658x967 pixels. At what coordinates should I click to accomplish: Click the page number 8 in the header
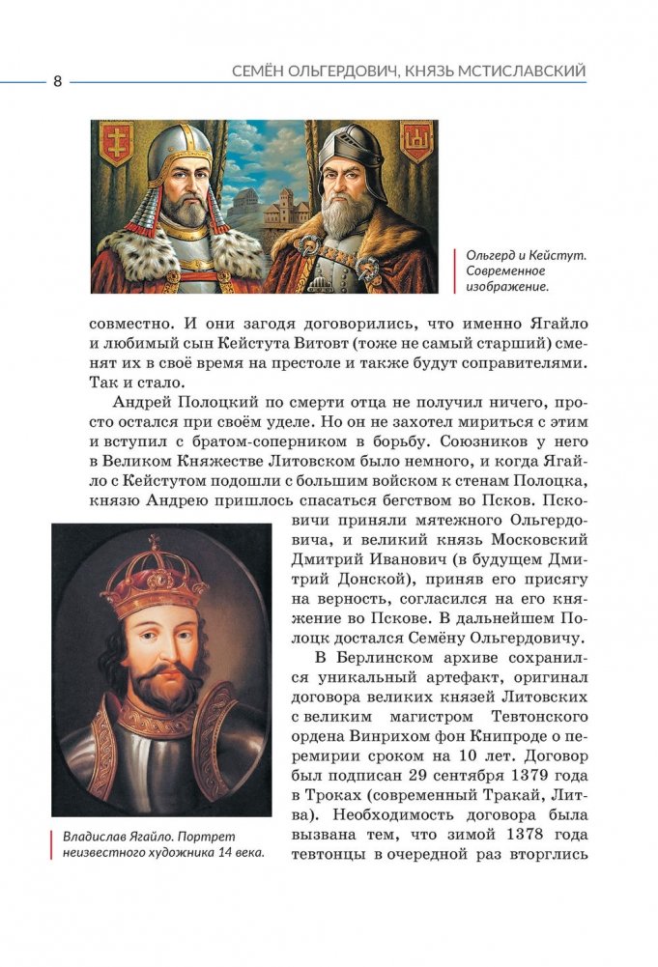point(57,81)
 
